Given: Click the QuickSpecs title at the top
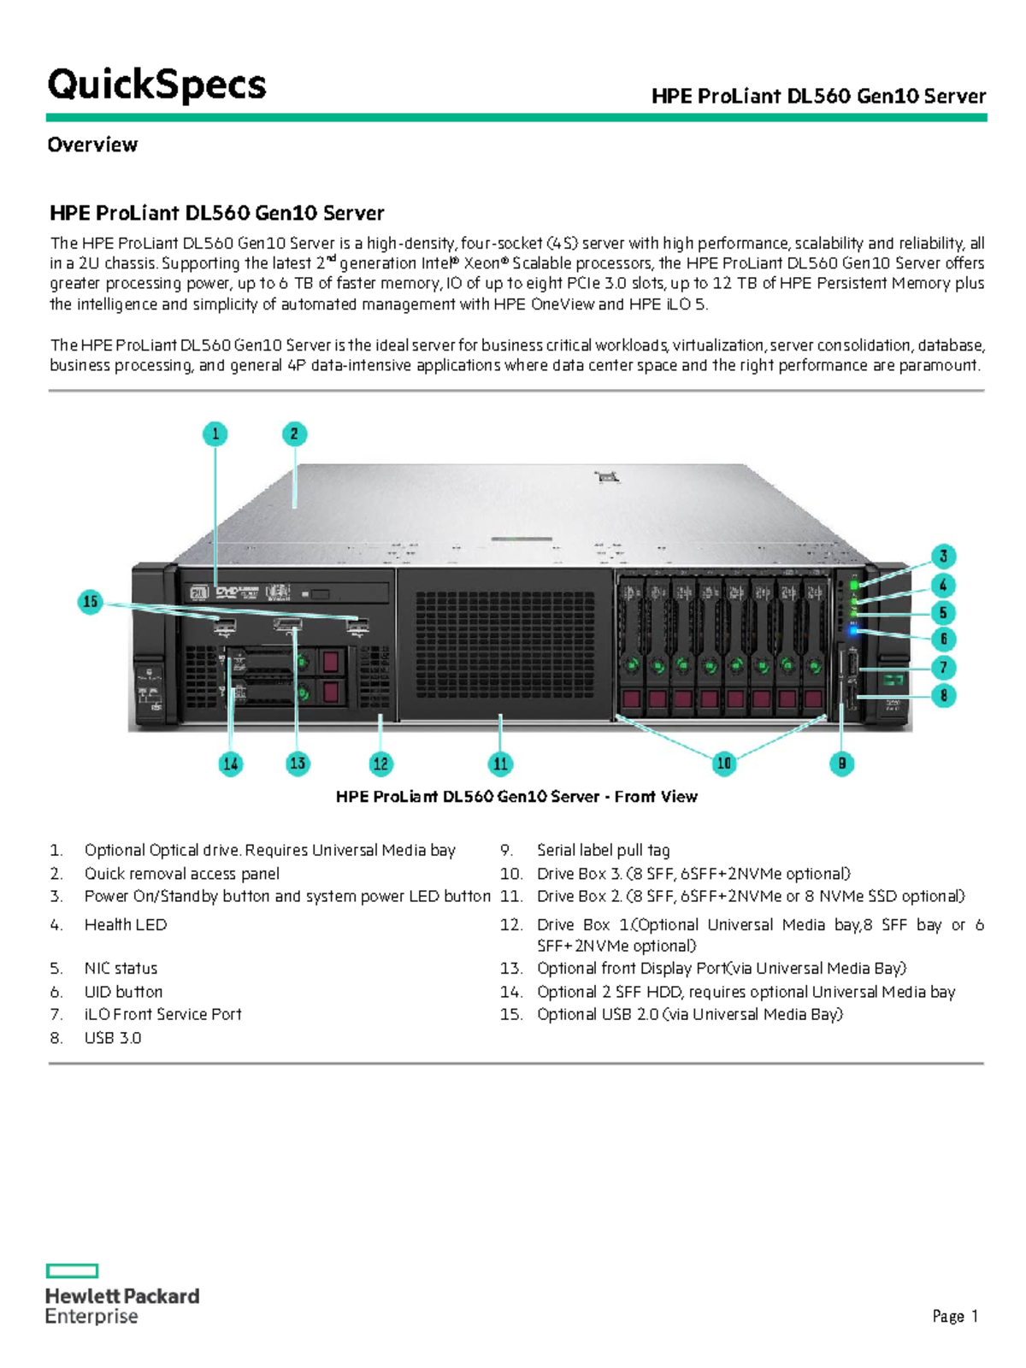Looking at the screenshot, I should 156,85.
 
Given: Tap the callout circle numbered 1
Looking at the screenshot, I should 215,433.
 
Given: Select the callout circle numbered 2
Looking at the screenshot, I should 294,433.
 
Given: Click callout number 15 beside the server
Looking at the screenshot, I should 90,601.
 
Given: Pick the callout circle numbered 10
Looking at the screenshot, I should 723,763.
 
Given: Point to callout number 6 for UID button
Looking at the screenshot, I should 943,639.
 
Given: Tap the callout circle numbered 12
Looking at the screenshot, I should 380,764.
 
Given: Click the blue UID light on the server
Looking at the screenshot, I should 853,631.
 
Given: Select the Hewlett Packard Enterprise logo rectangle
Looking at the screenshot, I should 73,1271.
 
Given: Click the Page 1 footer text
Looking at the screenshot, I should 954,1317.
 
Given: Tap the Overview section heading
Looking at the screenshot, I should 92,144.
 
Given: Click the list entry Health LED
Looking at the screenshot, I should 126,924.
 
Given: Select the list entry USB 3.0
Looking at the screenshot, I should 113,1037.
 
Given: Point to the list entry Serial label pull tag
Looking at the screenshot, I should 603,850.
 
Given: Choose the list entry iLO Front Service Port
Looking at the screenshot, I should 162,1014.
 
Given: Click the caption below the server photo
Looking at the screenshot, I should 516,796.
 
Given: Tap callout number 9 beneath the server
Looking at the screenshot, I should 841,763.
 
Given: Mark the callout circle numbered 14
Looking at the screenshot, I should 230,764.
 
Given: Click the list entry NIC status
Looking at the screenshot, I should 121,968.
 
